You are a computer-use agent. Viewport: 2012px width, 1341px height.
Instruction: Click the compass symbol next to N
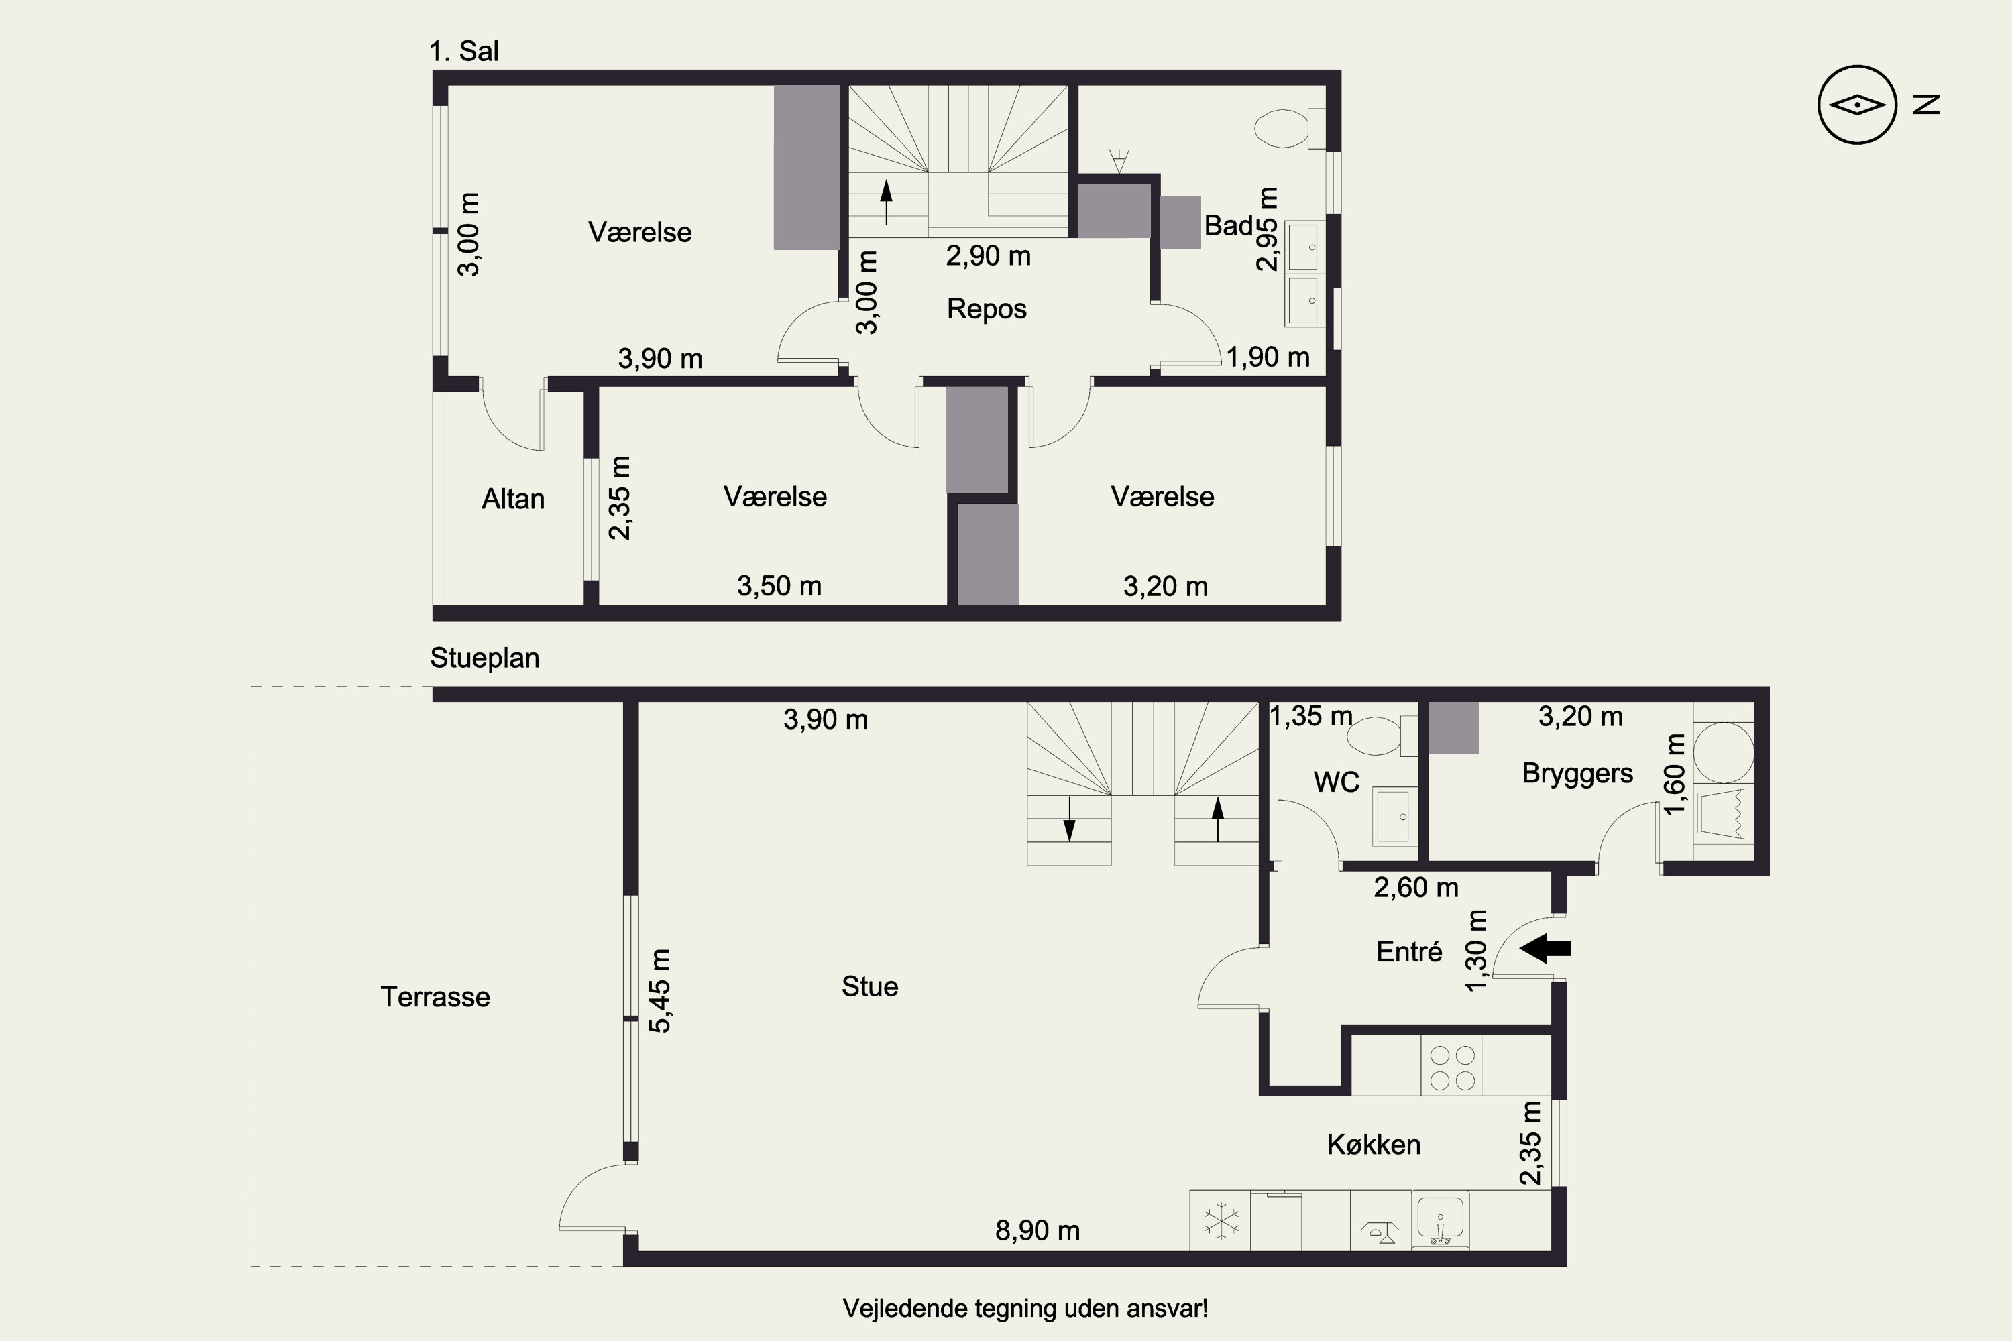pos(1857,105)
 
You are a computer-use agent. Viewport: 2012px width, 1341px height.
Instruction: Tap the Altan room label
pos(513,499)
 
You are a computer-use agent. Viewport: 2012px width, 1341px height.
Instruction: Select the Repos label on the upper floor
pos(987,308)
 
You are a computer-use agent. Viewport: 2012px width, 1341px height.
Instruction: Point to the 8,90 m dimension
pos(1038,1230)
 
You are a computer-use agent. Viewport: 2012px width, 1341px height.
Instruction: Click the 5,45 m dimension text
pos(661,990)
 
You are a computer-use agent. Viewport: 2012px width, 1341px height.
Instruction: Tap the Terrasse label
pos(435,997)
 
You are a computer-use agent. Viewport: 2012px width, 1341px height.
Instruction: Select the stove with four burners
pos(1453,1067)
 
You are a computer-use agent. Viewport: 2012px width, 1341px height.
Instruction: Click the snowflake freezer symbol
pos(1221,1221)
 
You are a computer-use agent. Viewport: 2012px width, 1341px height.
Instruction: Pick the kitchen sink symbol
pos(1441,1220)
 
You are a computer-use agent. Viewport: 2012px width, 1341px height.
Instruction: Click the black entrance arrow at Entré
pos(1545,947)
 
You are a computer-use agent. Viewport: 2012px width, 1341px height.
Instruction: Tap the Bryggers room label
pos(1577,773)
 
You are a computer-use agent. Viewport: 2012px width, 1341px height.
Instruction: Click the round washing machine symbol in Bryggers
pos(1724,752)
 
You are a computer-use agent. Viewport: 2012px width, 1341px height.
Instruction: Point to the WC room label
pos(1336,782)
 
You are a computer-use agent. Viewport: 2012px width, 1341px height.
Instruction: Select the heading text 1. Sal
pos(463,52)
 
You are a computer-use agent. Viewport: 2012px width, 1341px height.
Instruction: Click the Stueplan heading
pos(485,658)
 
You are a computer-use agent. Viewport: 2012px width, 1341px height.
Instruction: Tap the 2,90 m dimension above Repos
pos(988,255)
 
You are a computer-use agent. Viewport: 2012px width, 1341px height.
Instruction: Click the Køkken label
pos(1374,1145)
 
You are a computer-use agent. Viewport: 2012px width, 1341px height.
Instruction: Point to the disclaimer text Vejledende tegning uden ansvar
pos(1025,1309)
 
